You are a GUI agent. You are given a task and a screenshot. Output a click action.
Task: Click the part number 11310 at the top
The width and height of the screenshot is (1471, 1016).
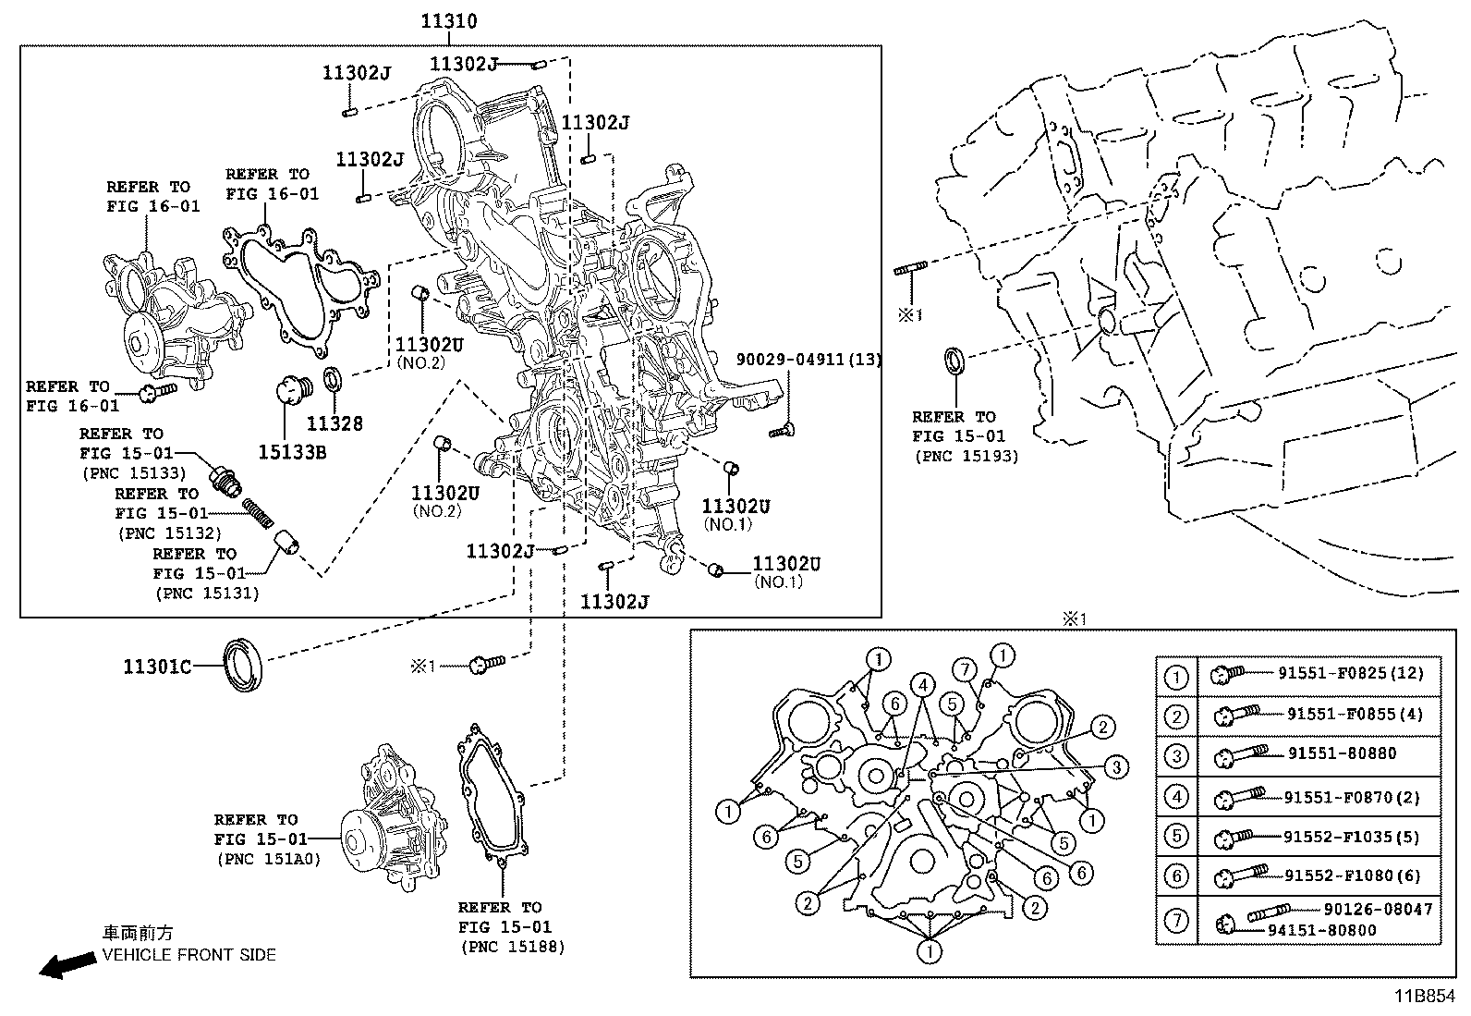[449, 20]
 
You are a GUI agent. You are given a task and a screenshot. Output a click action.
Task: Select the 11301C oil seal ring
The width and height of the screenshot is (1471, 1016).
[245, 662]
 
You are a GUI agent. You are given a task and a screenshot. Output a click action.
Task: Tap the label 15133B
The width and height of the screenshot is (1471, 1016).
[292, 452]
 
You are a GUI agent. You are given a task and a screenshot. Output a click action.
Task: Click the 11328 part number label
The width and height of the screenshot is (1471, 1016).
[334, 423]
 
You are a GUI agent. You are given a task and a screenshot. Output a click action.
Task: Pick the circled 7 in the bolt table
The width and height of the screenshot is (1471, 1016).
[1175, 921]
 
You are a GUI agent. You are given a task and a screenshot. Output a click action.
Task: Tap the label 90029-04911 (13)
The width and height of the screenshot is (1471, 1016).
[808, 360]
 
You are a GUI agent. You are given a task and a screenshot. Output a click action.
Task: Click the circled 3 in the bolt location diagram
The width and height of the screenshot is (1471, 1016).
[1116, 766]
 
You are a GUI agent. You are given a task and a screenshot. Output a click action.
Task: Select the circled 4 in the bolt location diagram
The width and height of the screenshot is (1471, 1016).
[921, 685]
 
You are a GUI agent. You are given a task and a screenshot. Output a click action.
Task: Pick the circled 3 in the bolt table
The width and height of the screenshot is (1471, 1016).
[1175, 756]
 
